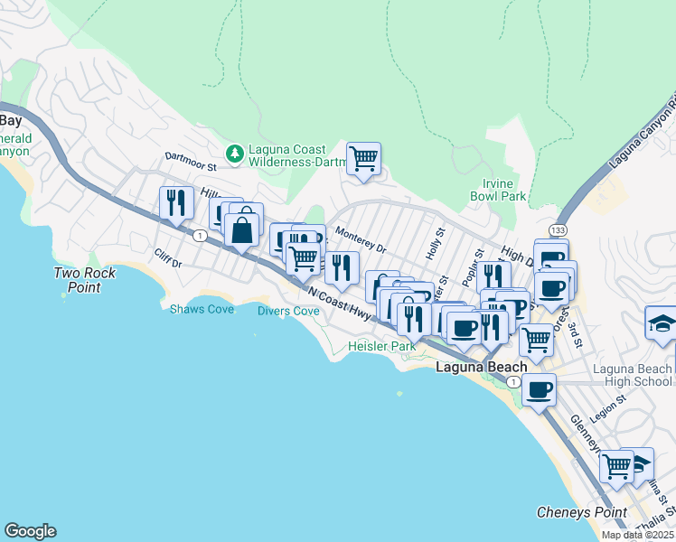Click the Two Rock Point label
tap(76, 280)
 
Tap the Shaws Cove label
tap(202, 310)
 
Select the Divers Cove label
tap(288, 311)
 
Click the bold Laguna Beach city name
tap(481, 368)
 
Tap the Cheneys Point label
tap(582, 512)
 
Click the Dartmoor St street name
tap(192, 160)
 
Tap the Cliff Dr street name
tap(168, 258)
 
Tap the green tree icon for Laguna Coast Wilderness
tap(234, 155)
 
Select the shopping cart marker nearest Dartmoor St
tap(363, 159)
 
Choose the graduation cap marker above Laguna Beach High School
tap(661, 322)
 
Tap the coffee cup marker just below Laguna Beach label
tap(539, 390)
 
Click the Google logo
tap(30, 531)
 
